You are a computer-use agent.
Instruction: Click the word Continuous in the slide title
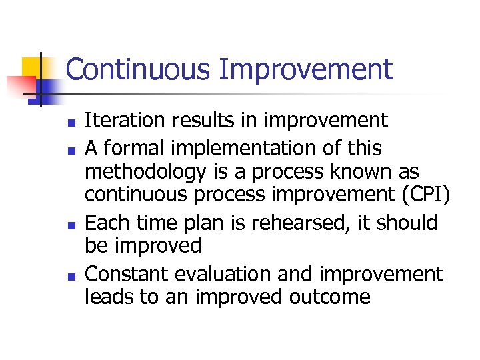135,69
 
